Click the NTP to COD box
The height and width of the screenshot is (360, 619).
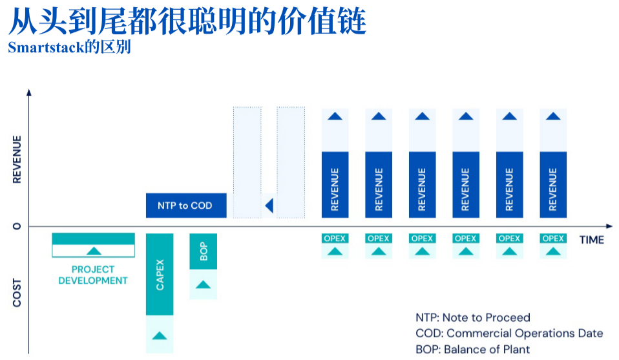coord(186,206)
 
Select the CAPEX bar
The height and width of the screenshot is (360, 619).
coord(160,274)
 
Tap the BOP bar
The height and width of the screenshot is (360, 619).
coord(204,251)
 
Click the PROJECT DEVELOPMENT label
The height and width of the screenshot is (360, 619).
coord(93,275)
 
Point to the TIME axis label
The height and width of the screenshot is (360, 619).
coord(591,240)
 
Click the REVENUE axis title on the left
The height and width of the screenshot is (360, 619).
coord(17,159)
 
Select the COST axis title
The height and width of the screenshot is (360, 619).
coord(17,293)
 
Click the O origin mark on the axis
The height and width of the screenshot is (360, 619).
coord(17,226)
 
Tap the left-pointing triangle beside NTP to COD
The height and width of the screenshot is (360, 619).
coord(269,206)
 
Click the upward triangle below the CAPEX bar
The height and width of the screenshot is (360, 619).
coord(160,335)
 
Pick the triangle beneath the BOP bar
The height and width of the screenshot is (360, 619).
coord(204,284)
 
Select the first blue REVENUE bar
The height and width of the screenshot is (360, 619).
coord(335,184)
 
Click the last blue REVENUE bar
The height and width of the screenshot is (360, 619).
coord(553,184)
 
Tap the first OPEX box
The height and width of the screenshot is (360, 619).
coord(335,238)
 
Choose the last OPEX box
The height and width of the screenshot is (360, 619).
coord(553,238)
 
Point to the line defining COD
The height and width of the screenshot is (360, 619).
coord(509,334)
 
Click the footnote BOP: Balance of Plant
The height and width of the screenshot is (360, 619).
coord(472,350)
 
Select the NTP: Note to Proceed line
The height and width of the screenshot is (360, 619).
coord(472,317)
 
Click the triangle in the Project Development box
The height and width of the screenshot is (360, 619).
coord(94,251)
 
